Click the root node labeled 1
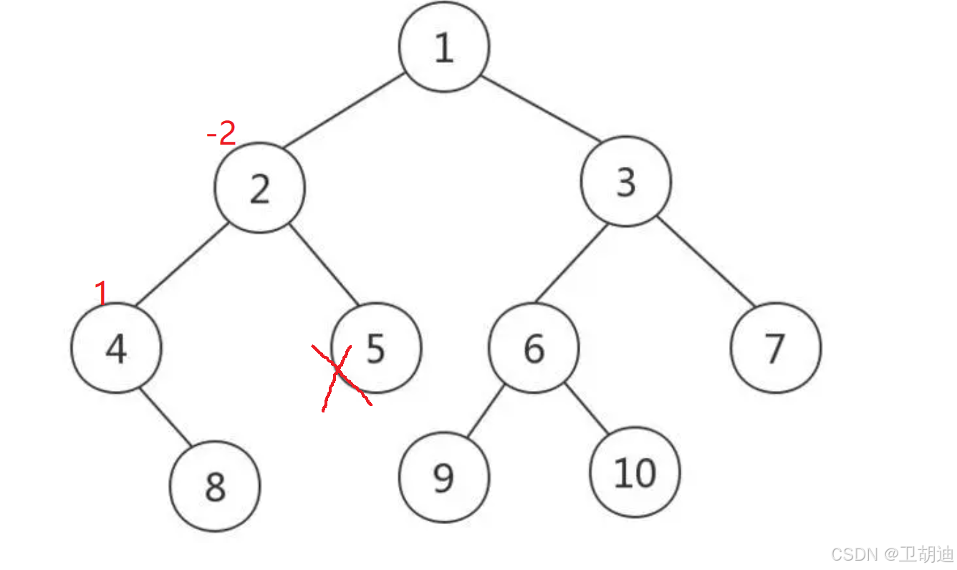point(444,47)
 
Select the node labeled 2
point(259,188)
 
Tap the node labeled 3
point(626,182)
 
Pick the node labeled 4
point(116,348)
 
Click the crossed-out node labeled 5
point(377,348)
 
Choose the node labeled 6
point(534,348)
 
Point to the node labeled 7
point(776,348)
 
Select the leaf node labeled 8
point(215,487)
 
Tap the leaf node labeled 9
point(444,477)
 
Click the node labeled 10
point(635,473)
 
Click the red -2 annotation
point(221,134)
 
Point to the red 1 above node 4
point(101,292)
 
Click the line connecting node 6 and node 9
point(485,412)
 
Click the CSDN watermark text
point(893,554)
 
